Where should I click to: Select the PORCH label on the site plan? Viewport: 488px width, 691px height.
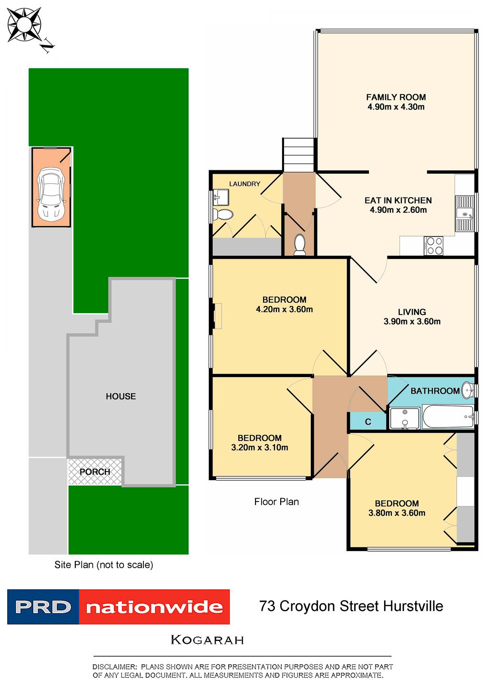(x=95, y=471)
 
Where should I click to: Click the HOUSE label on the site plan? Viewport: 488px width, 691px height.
(x=121, y=396)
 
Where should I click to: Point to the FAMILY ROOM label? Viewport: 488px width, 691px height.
(x=396, y=97)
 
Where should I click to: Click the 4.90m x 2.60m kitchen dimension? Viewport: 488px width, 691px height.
(x=398, y=210)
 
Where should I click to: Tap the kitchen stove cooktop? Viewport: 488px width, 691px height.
(x=434, y=246)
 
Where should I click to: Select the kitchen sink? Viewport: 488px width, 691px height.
(x=465, y=214)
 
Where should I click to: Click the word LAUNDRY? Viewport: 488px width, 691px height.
(x=244, y=184)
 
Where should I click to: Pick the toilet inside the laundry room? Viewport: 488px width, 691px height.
(x=223, y=213)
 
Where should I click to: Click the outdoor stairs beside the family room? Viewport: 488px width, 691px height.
(x=299, y=154)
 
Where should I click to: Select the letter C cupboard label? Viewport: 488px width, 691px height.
(x=368, y=422)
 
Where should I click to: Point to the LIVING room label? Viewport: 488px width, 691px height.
(x=412, y=312)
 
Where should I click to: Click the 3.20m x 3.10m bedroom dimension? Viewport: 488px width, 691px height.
(x=260, y=448)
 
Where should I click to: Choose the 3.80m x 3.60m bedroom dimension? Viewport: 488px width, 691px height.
(x=396, y=513)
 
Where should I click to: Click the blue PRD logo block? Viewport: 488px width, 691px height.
(x=43, y=607)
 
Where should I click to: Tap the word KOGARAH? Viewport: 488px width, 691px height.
(x=207, y=640)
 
